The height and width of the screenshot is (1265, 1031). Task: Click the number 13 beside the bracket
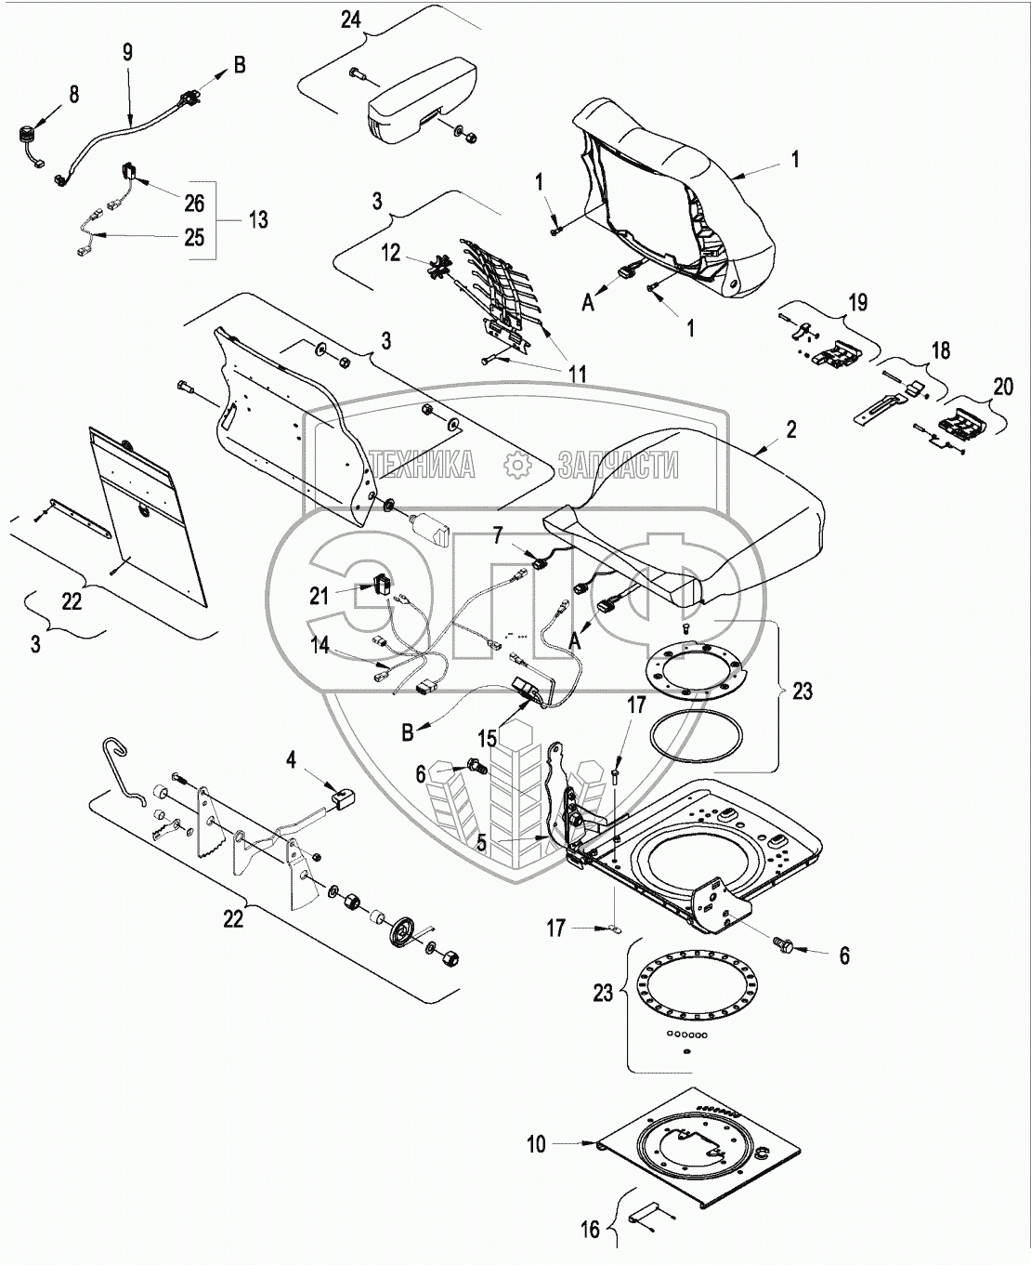click(x=258, y=219)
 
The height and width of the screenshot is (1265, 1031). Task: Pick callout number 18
click(x=941, y=351)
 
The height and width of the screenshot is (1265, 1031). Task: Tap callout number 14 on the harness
click(x=320, y=646)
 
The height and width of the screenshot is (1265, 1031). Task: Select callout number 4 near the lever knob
click(x=292, y=760)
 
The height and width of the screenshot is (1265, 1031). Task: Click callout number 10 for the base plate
click(x=537, y=1144)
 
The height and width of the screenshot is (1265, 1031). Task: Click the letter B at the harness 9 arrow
click(x=240, y=65)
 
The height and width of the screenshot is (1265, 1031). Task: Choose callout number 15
click(x=488, y=741)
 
